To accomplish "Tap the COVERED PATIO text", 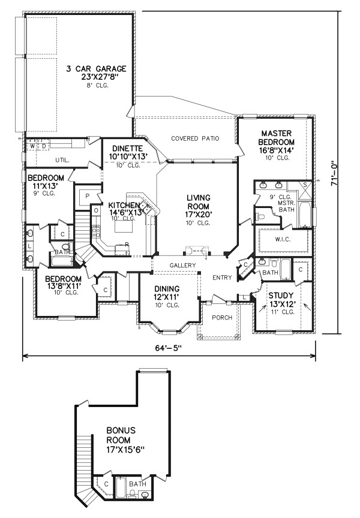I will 195,138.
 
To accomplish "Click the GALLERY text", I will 182,265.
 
